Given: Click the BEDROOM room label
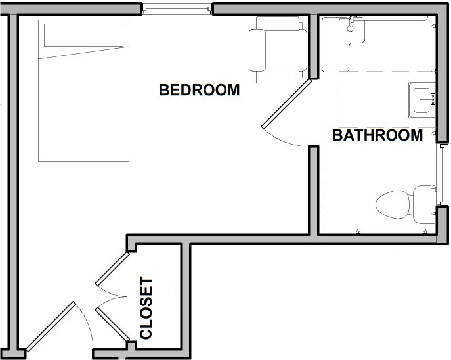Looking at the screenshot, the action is point(200,90).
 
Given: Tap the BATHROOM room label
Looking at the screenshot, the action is point(377,135).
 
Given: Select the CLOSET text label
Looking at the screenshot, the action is point(146,308).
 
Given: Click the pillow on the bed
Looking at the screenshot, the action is point(83,35).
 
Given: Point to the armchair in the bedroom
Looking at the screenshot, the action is point(278,50).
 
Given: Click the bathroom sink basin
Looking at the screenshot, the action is point(422,100).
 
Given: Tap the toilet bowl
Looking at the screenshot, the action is point(393,204).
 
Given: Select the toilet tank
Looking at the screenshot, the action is point(423,204).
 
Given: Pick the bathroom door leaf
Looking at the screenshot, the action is point(287,104).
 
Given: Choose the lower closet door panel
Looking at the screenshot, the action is point(113,325).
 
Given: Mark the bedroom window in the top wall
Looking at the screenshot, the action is point(177,9).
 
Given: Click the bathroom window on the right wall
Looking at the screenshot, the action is point(442,175).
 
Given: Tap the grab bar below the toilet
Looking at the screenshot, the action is point(391,231).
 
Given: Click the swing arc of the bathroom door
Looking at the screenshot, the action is point(284,140).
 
